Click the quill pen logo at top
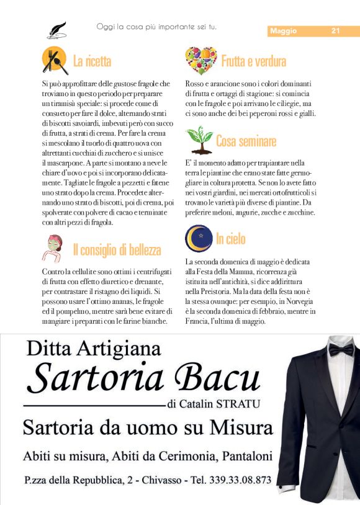[56, 29]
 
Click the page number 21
[335, 31]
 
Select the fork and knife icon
[55, 60]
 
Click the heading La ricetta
[92, 61]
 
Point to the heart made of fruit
[200, 60]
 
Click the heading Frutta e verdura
[253, 61]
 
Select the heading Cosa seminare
[246, 141]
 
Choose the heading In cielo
[230, 239]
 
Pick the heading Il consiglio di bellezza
[117, 250]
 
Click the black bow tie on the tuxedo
[341, 349]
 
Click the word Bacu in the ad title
[217, 377]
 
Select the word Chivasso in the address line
[164, 480]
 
